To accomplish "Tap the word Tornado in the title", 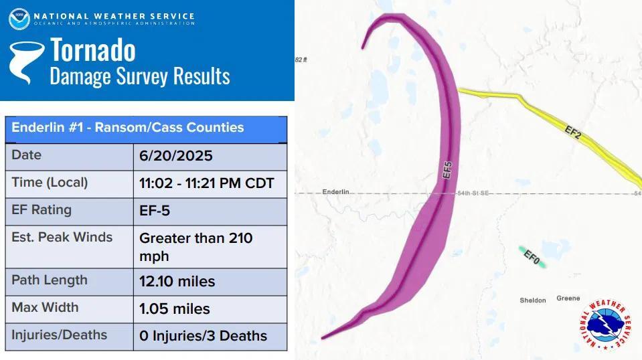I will pos(93,50).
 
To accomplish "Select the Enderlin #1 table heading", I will pos(128,127).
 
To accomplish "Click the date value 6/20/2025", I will pos(176,156).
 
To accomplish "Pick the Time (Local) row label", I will pos(50,182).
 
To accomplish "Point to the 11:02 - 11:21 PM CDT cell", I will pos(207,183).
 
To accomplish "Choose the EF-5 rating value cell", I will pos(155,211).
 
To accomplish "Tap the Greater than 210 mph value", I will pos(195,246).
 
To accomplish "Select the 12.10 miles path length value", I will pos(177,281).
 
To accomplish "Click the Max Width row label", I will pos(45,308).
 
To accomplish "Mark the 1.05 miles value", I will pos(175,308).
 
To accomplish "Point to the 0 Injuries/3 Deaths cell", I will pos(203,336).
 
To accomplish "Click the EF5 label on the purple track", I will pos(448,169).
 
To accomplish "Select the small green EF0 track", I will pos(532,257).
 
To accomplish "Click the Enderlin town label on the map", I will pos(336,192).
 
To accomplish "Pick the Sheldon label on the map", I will pos(532,300).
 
